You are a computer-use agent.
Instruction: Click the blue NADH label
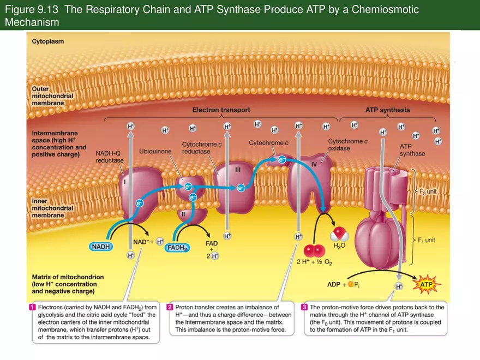[x=101, y=247]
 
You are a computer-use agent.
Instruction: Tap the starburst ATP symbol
[x=429, y=284]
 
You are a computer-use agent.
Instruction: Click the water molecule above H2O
[x=339, y=235]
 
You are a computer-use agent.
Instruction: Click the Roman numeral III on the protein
[x=238, y=170]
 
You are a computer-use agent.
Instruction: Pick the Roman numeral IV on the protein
[x=314, y=164]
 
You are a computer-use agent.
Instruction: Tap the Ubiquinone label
[x=155, y=151]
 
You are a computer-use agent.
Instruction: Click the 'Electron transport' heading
[x=220, y=110]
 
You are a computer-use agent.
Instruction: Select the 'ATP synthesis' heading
[x=387, y=110]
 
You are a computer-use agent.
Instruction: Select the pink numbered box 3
[x=305, y=307]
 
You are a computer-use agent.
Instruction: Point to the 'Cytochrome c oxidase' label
[x=347, y=145]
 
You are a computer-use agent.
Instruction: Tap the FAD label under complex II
[x=212, y=243]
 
